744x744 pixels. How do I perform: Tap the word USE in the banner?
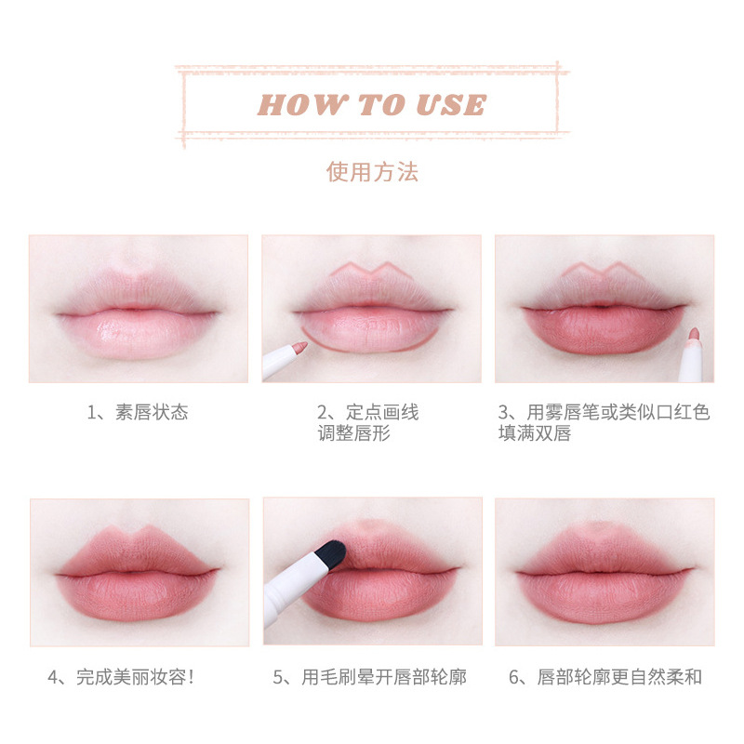pyautogui.click(x=452, y=104)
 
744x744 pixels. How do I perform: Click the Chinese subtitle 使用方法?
pyautogui.click(x=372, y=172)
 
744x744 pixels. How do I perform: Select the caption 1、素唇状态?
pyautogui.click(x=138, y=412)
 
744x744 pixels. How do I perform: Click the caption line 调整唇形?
pyautogui.click(x=354, y=432)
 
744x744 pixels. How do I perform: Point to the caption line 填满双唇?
pyautogui.click(x=535, y=432)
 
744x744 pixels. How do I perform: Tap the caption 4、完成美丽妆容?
pyautogui.click(x=121, y=677)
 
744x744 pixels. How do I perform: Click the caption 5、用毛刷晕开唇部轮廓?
pyautogui.click(x=369, y=677)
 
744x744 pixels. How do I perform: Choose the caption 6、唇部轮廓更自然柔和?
pyautogui.click(x=605, y=677)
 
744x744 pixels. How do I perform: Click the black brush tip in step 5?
pyautogui.click(x=330, y=554)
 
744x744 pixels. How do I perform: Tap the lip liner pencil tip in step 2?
pyautogui.click(x=300, y=346)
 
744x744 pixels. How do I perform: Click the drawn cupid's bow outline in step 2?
pyautogui.click(x=371, y=270)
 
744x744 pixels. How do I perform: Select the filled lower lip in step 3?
pyautogui.click(x=604, y=330)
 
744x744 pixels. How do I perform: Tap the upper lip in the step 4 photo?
pyautogui.click(x=138, y=551)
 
